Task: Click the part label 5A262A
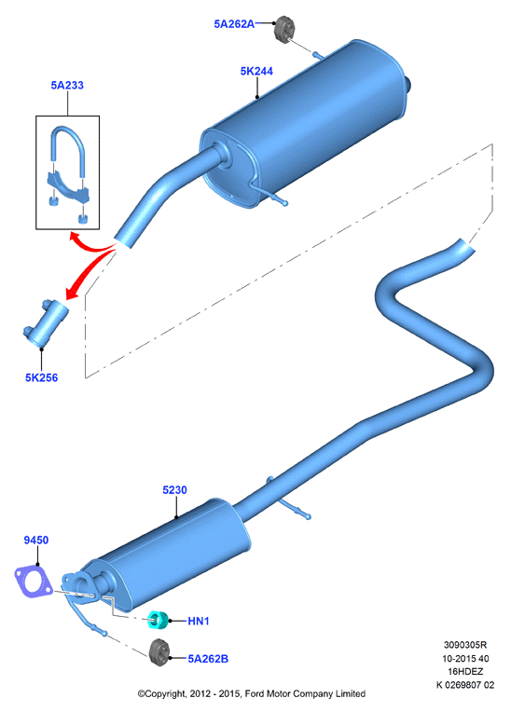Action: click(234, 24)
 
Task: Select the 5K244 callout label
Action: click(256, 71)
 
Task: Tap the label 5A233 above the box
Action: click(67, 85)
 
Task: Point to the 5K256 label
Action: click(41, 377)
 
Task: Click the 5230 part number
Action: click(175, 490)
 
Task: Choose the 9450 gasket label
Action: click(35, 540)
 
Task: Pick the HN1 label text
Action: click(199, 621)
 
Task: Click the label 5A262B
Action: click(208, 659)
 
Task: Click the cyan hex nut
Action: click(159, 620)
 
